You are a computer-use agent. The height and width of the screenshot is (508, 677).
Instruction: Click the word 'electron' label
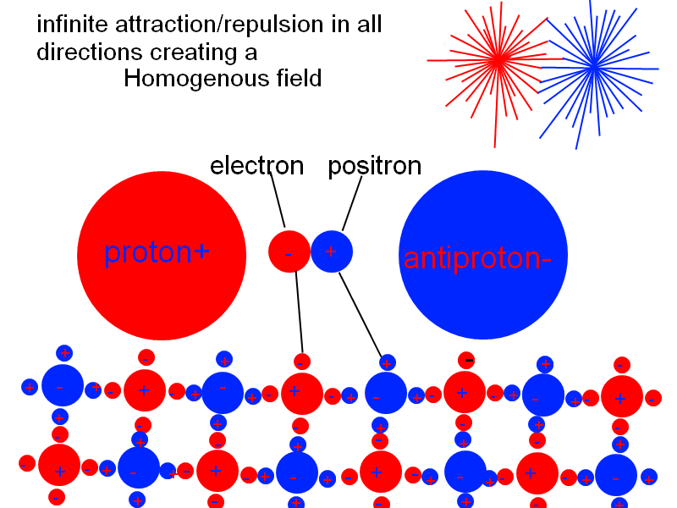256,166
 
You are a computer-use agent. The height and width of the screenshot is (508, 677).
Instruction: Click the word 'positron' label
374,166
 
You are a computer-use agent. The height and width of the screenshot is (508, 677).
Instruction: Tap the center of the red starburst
498,59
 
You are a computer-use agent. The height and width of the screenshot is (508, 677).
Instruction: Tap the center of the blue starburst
594,64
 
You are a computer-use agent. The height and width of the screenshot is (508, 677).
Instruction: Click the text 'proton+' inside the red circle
157,252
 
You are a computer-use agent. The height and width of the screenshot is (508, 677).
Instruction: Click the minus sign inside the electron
289,253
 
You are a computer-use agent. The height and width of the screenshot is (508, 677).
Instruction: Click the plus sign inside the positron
331,251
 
